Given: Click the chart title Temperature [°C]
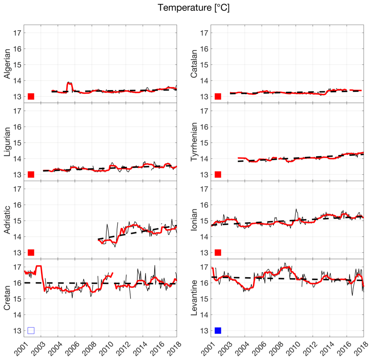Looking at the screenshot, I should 194,8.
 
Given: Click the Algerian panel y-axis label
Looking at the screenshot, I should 7,64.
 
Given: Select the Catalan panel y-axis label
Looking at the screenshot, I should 194,64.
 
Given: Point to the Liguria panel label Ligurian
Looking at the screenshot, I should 7,142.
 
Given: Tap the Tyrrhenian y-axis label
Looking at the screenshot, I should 194,142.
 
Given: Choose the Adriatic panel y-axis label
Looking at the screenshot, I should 7,220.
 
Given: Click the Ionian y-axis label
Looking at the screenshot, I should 194,220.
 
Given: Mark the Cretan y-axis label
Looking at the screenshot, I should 7,298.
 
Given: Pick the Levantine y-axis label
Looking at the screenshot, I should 194,298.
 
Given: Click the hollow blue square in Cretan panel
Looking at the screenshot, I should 31,331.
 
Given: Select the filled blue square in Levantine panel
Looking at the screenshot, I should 218,331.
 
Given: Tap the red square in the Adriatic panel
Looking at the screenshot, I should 31,253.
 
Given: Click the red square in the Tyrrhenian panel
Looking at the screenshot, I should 218,174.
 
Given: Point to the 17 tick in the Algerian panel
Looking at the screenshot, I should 17,33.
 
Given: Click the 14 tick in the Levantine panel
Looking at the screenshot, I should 204,315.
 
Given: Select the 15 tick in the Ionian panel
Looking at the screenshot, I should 204,221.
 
